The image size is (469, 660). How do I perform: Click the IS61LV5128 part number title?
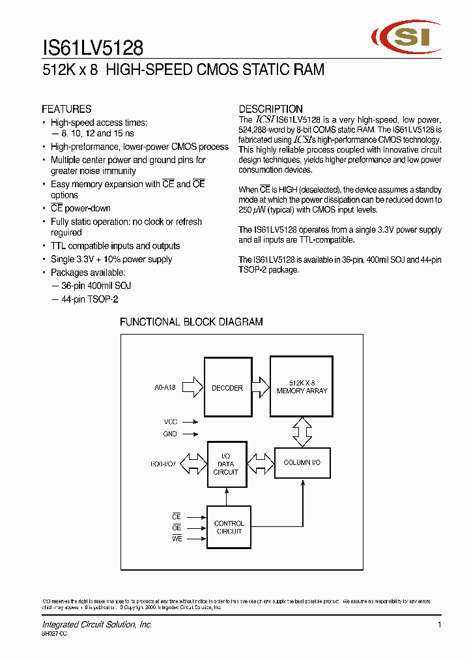(92, 48)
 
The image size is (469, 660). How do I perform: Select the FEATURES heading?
(66, 109)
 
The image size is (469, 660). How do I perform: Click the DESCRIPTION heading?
(270, 109)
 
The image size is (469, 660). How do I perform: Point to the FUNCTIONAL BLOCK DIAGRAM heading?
(192, 322)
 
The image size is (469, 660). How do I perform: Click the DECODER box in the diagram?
(227, 388)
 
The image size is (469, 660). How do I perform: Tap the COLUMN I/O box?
(302, 462)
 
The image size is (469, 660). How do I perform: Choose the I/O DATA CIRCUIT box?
(226, 464)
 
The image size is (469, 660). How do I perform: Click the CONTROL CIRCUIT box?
(229, 527)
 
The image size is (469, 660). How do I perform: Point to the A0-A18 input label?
(165, 387)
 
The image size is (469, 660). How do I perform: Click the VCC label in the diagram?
(170, 422)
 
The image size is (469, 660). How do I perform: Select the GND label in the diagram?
(170, 434)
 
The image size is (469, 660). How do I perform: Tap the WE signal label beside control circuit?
(177, 539)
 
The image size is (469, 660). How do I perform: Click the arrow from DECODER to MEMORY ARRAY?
(259, 387)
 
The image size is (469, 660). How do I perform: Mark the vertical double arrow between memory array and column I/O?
(302, 432)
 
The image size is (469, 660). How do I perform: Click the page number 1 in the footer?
(440, 625)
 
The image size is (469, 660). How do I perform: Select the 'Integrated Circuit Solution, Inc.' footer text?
(97, 625)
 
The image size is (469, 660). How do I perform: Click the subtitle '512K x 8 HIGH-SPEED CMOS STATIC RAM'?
(183, 70)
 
